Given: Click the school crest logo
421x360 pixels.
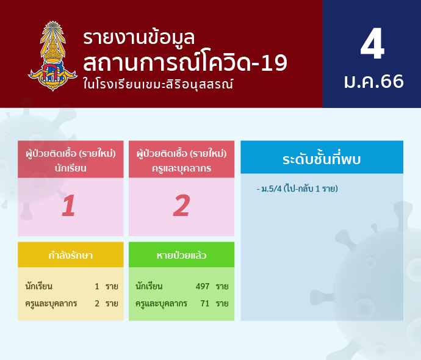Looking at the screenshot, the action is [x=52, y=56].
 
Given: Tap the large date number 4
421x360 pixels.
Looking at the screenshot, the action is [x=372, y=44].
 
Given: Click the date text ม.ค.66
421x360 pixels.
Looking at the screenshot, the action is [x=374, y=81].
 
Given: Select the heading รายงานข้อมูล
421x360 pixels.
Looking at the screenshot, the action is [x=139, y=37].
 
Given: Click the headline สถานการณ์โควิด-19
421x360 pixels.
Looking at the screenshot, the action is [x=185, y=62].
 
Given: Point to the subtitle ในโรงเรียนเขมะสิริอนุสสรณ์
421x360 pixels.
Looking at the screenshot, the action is [x=158, y=84].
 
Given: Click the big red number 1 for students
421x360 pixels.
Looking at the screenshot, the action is [x=68, y=206].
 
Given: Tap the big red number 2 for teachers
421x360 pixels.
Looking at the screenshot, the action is [x=181, y=206].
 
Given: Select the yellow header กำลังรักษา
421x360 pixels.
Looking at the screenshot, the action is [x=71, y=255].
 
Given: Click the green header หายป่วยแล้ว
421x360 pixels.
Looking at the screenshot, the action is [x=181, y=255].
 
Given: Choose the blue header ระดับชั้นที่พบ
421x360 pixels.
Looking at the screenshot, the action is [x=322, y=159].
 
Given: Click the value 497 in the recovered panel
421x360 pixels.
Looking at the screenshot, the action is [x=203, y=286].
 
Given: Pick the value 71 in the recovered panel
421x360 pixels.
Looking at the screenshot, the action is [x=204, y=303].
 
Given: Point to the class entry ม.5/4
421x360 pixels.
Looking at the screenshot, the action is [x=272, y=189].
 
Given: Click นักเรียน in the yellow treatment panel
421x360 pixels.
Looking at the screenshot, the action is [x=39, y=286].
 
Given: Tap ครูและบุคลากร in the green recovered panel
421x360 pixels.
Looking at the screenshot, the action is [x=161, y=304].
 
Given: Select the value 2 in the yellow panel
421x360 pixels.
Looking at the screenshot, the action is [x=97, y=303].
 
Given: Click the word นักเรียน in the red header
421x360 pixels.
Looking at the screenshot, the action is [x=71, y=168].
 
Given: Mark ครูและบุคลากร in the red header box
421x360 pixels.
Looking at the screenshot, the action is [x=181, y=168].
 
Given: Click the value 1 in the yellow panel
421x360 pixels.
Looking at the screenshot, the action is [x=97, y=286].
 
